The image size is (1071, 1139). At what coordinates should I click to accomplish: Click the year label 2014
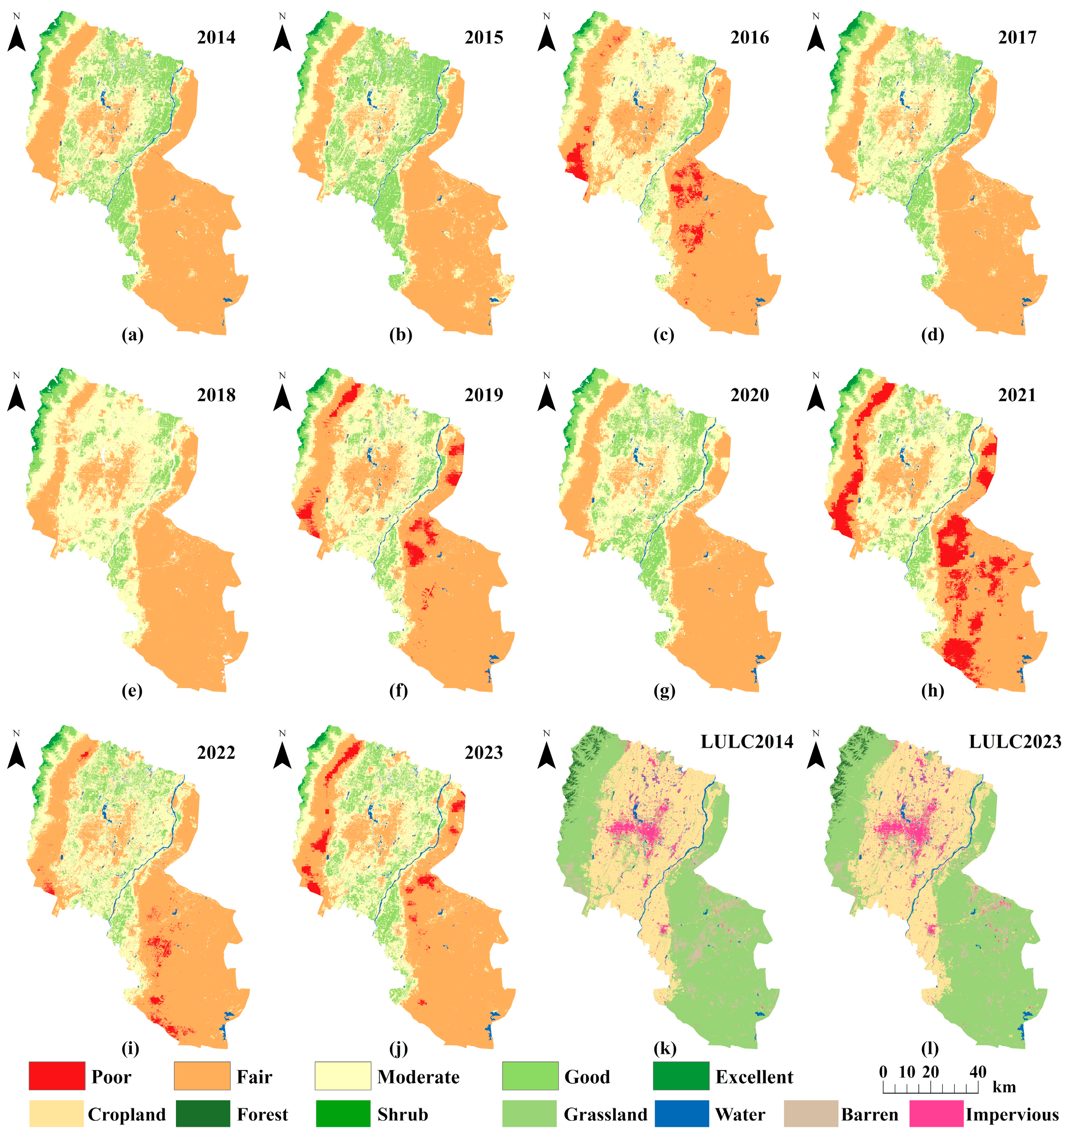click(x=216, y=38)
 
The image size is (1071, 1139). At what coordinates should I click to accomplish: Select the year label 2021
click(x=1017, y=395)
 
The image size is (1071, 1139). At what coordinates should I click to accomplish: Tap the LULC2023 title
click(x=1014, y=741)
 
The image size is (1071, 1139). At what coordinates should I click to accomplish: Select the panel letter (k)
click(x=665, y=1049)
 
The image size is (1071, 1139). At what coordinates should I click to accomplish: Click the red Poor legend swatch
click(x=57, y=1076)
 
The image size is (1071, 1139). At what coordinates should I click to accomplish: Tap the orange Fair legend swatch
click(x=202, y=1076)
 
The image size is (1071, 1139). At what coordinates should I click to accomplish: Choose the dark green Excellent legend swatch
click(x=681, y=1076)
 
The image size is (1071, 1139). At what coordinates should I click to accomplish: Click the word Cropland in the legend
click(x=126, y=1115)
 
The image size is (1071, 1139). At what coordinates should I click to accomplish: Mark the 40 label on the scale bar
click(x=978, y=1072)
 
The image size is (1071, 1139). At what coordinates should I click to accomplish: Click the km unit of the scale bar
click(x=1003, y=1087)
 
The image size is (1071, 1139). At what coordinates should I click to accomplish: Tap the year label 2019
click(x=483, y=395)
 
